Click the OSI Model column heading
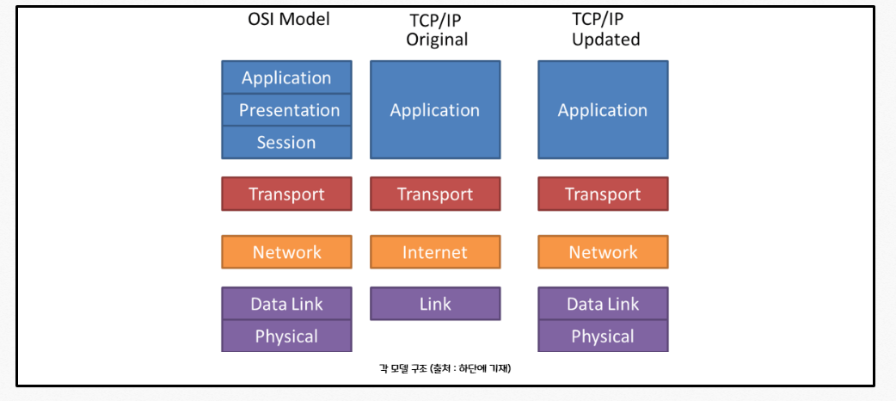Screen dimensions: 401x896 click(288, 19)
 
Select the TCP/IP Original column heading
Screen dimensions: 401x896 click(437, 30)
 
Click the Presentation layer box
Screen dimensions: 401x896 click(286, 110)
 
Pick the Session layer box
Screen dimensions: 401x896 click(286, 143)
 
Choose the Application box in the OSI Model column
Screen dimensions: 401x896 click(286, 77)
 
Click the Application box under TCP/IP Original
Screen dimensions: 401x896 click(435, 110)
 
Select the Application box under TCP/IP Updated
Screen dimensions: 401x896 click(603, 110)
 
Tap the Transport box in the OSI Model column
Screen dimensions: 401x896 click(286, 194)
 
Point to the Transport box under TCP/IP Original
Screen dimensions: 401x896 click(435, 194)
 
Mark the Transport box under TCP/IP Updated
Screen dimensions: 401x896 click(603, 194)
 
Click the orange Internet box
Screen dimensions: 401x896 click(435, 252)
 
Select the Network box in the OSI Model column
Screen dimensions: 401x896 click(286, 252)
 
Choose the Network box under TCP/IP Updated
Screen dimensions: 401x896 click(603, 252)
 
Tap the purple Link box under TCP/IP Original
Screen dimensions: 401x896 click(435, 304)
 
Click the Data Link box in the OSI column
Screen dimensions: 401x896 click(286, 304)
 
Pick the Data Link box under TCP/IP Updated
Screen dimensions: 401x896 click(603, 304)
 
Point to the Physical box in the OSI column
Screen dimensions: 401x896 click(286, 336)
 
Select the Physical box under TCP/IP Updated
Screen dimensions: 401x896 click(603, 336)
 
